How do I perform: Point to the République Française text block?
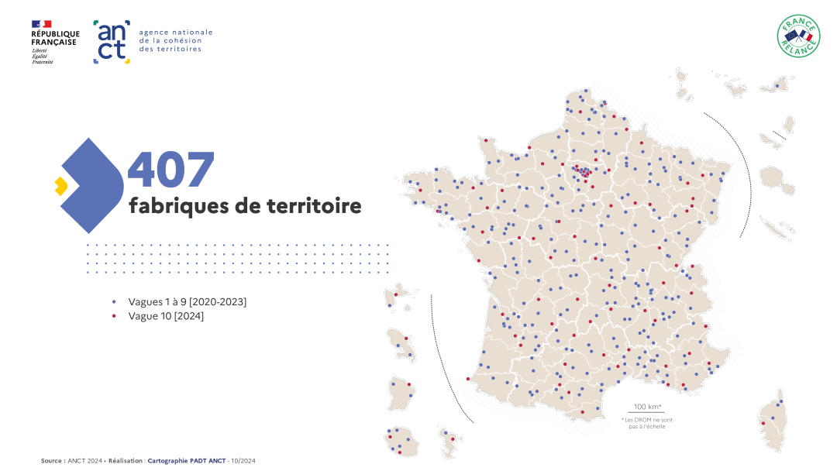(x=55, y=39)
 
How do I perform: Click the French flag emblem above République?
(x=42, y=24)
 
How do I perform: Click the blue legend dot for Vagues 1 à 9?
(x=114, y=301)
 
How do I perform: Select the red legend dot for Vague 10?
(x=114, y=316)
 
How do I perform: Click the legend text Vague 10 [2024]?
(x=166, y=316)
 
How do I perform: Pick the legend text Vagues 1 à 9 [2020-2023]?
(x=188, y=301)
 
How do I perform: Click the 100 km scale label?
(x=646, y=407)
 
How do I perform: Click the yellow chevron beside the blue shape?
(x=60, y=186)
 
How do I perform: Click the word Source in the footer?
(x=52, y=461)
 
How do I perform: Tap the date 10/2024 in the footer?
(x=243, y=461)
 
